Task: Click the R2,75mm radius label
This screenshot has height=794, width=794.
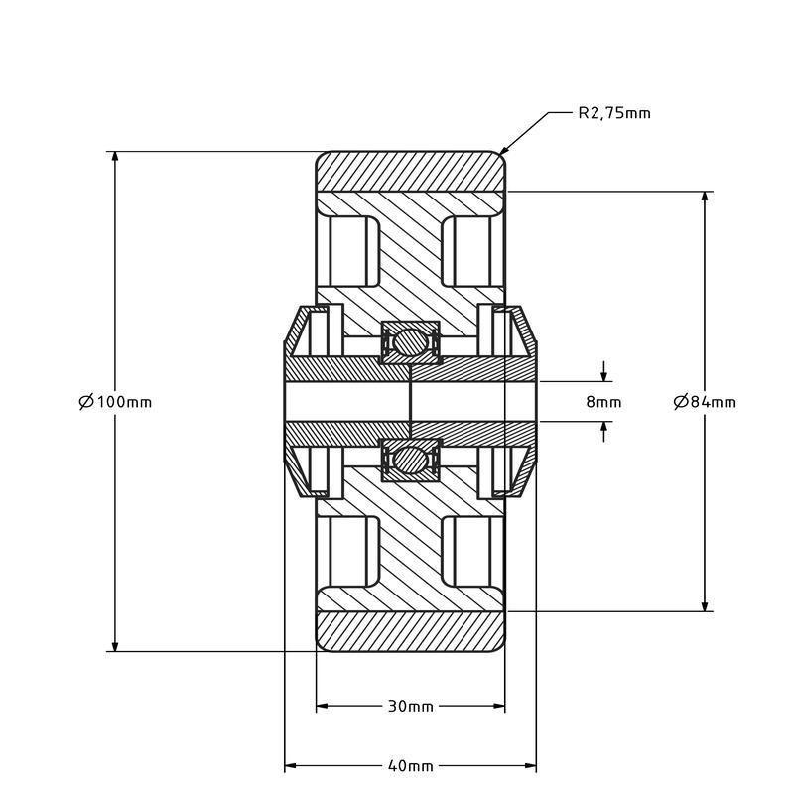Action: pos(614,113)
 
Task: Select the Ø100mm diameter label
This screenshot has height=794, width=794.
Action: pos(115,402)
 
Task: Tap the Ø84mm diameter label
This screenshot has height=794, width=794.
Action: pos(705,402)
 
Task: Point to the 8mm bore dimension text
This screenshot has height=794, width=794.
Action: pos(603,402)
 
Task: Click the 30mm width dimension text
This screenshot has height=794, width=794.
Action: pos(411,706)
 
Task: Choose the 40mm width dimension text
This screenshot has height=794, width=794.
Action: pos(411,766)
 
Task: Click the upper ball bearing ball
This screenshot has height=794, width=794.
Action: pos(410,342)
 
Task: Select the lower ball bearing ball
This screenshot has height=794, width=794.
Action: pos(410,460)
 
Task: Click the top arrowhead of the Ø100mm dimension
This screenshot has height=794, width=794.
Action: pos(115,157)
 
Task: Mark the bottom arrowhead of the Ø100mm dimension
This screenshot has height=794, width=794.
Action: pos(115,646)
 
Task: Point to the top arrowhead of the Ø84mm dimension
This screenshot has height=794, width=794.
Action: pos(705,198)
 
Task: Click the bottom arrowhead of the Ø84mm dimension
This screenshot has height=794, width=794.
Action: pos(705,605)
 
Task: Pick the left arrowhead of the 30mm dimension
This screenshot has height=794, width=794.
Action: pos(322,706)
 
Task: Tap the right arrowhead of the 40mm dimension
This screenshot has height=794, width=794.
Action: pos(530,766)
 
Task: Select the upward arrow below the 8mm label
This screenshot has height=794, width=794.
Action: pos(603,432)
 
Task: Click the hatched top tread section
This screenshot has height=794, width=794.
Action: pos(411,171)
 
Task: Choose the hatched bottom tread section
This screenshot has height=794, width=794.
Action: pos(411,631)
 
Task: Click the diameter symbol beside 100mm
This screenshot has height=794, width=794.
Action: pos(86,402)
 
